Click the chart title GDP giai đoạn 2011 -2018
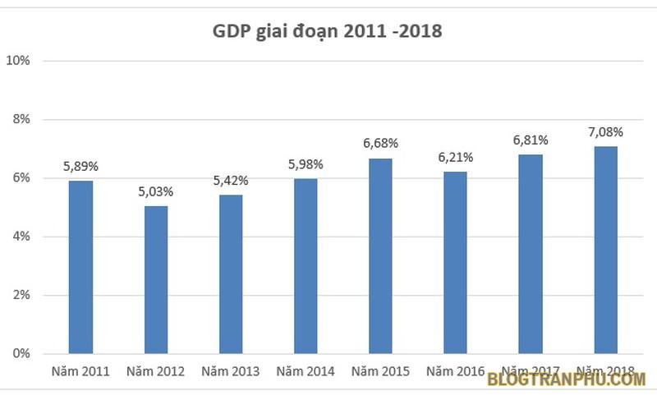pos(328,32)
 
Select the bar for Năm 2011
pos(80,267)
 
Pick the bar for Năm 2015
pos(380,255)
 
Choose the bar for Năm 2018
pos(605,250)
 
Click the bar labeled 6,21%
pos(456,262)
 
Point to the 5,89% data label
pos(80,166)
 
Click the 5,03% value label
pos(155,191)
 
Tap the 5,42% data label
pos(231,180)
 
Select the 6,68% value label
pos(380,144)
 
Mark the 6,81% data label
pos(531,140)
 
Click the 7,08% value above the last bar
pos(605,131)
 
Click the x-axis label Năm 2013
pos(231,372)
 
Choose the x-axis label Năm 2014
pos(306,372)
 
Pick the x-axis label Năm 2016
pos(456,372)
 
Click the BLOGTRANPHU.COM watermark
pos(566,379)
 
